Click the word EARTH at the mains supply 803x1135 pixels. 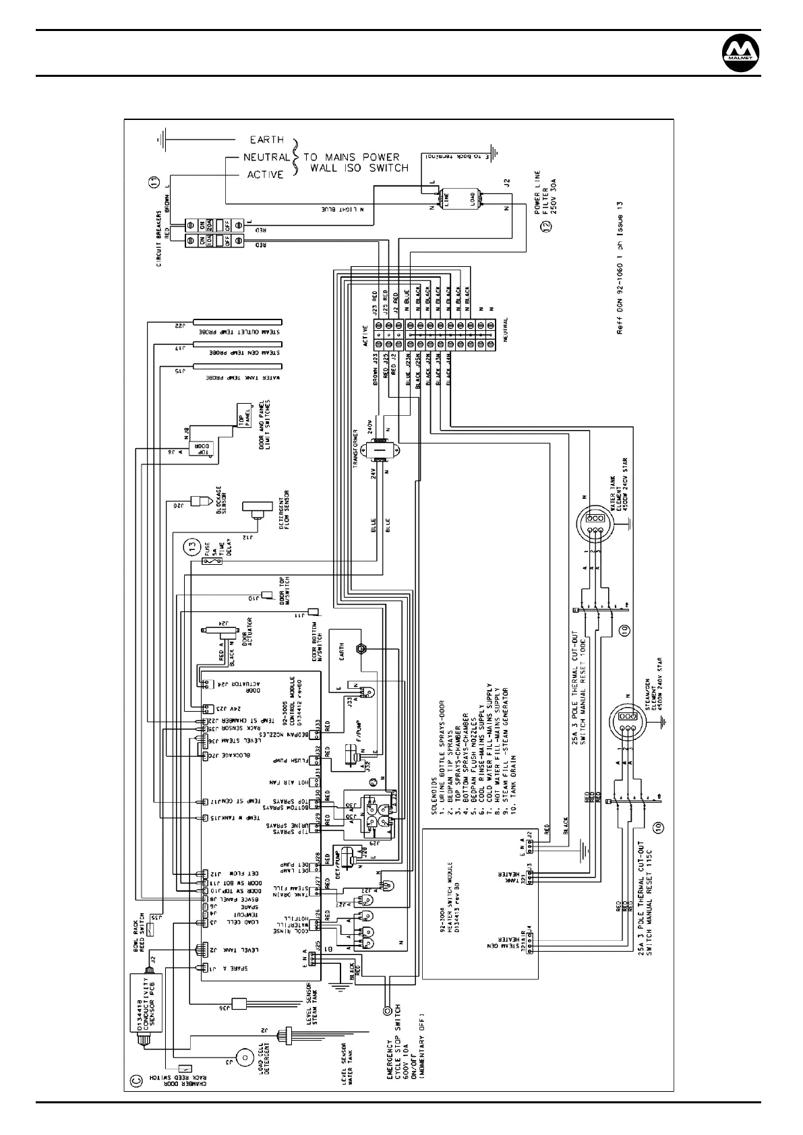pos(267,140)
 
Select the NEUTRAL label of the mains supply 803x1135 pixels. pos(266,157)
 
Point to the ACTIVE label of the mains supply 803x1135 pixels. pos(266,175)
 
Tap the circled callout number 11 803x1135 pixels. pos(154,182)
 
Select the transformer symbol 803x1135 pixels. pos(379,450)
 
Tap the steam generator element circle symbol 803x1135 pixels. pos(626,719)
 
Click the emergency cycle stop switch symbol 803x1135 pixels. pos(387,1010)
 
